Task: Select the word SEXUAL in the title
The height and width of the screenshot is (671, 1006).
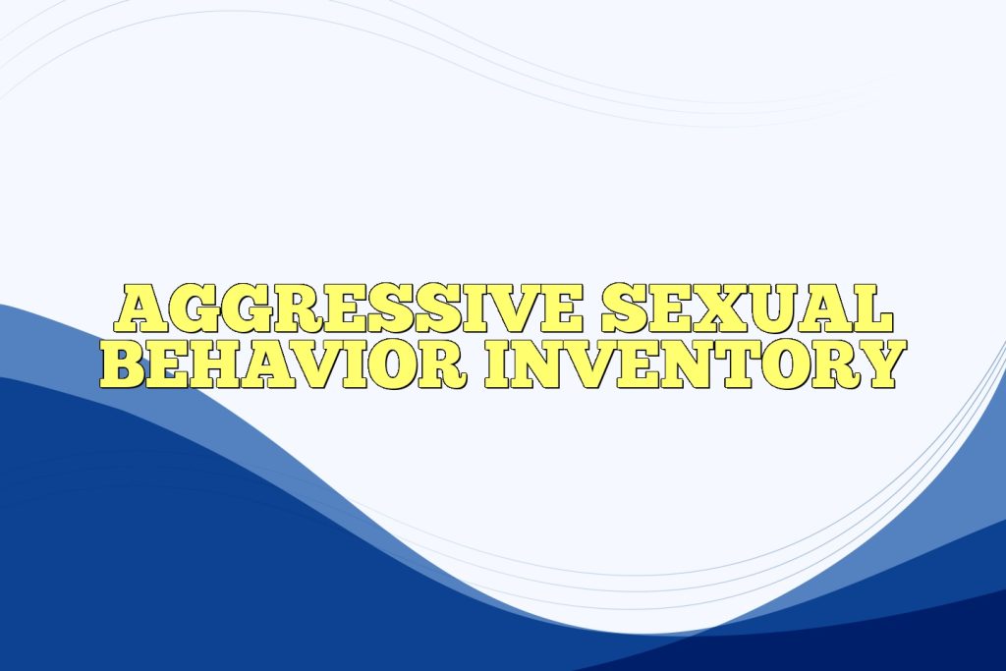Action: [748, 310]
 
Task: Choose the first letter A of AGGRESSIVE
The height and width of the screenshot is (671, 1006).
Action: [140, 310]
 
